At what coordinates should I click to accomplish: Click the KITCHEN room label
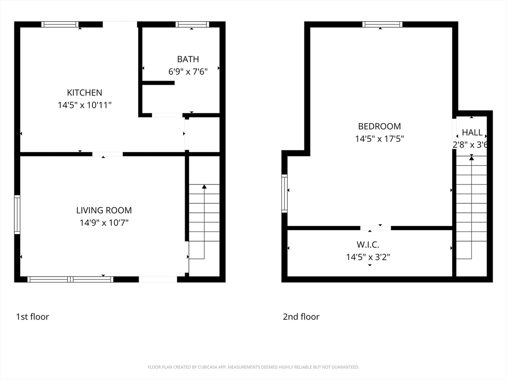click(x=84, y=93)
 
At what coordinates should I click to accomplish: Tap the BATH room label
click(x=188, y=59)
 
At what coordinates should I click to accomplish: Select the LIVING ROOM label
click(x=104, y=210)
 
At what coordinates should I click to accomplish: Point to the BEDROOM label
click(x=379, y=126)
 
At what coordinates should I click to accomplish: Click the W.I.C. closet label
click(x=368, y=244)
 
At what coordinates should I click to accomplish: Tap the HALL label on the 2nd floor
click(x=472, y=133)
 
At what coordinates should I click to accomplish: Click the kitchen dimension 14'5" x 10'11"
click(x=84, y=105)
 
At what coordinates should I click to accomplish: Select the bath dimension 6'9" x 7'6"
click(x=188, y=71)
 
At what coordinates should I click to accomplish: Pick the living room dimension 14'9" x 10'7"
click(x=104, y=223)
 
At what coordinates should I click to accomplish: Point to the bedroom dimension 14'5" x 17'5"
click(x=379, y=139)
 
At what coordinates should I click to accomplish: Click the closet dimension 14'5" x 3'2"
click(x=368, y=257)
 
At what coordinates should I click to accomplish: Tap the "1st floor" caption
click(x=32, y=317)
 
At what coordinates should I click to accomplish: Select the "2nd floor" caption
click(x=301, y=317)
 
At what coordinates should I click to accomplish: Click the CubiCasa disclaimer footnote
click(x=253, y=367)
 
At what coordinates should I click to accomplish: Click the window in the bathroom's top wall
click(x=193, y=24)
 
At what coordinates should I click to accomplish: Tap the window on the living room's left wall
click(x=17, y=214)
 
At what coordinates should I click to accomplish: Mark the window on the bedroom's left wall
click(x=284, y=193)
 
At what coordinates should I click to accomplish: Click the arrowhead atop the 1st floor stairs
click(x=204, y=187)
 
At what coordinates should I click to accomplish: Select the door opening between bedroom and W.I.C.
click(x=375, y=228)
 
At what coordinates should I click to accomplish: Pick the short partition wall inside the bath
click(x=158, y=83)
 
